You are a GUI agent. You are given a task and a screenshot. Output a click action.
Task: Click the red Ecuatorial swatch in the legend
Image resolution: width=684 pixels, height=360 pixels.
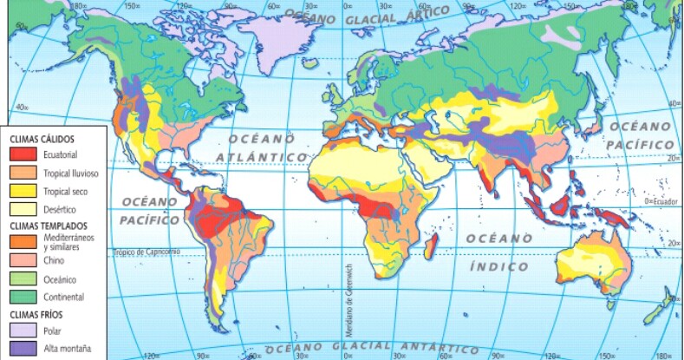[x=23, y=154]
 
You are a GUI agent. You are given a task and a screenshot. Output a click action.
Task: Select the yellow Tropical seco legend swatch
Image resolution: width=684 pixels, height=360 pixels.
[x=23, y=191]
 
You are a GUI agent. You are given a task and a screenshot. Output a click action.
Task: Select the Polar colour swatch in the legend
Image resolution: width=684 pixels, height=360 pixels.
[x=23, y=331]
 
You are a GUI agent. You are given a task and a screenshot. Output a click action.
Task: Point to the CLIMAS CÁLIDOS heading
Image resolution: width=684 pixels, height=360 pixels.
[x=42, y=138]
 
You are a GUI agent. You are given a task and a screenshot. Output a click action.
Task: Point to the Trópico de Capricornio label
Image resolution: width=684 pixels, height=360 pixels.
[x=146, y=252]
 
